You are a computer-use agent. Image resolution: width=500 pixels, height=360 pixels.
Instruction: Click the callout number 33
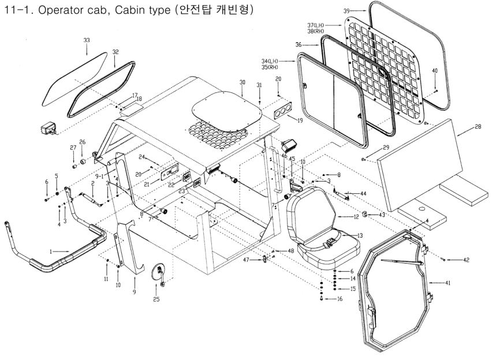pyautogui.click(x=87, y=40)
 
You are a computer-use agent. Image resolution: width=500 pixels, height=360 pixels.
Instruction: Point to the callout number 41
pyautogui.click(x=448, y=283)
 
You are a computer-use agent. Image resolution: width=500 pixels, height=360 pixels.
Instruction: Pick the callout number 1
pyautogui.click(x=51, y=252)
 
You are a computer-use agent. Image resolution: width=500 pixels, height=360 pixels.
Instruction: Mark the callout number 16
pyautogui.click(x=340, y=299)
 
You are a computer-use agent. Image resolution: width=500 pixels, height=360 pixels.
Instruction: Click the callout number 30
pyautogui.click(x=242, y=83)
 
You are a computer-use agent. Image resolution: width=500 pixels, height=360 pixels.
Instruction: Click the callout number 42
pyautogui.click(x=467, y=260)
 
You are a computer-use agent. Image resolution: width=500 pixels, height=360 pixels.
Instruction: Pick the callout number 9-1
pyautogui.click(x=99, y=177)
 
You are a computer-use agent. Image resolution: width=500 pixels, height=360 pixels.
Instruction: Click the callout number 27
pyautogui.click(x=73, y=148)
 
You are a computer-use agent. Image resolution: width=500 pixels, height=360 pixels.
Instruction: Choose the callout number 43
pyautogui.click(x=382, y=215)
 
